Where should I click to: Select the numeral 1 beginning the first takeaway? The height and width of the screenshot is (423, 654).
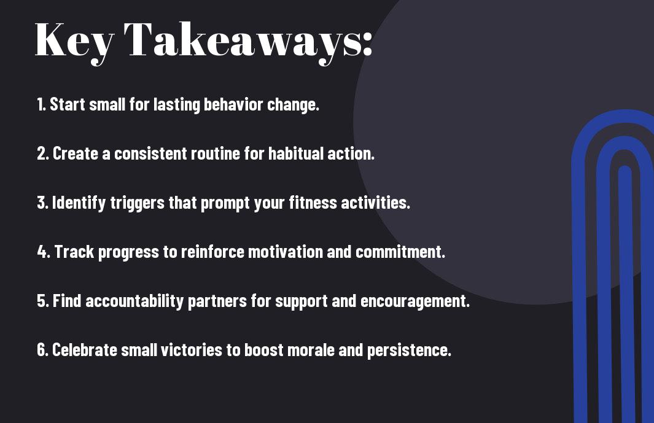click(x=40, y=104)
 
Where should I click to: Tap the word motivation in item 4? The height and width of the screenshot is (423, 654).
click(x=286, y=252)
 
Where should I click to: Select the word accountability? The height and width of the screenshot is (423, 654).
click(x=134, y=301)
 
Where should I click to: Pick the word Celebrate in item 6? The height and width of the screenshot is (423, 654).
click(x=84, y=349)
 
